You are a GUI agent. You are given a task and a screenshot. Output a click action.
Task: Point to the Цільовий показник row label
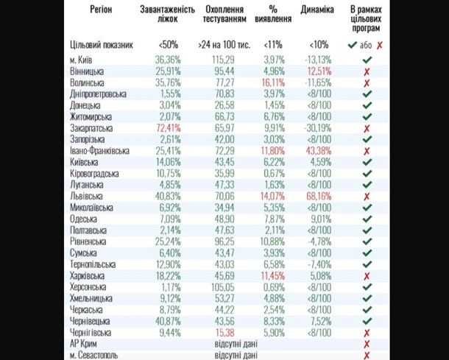[103, 45]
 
